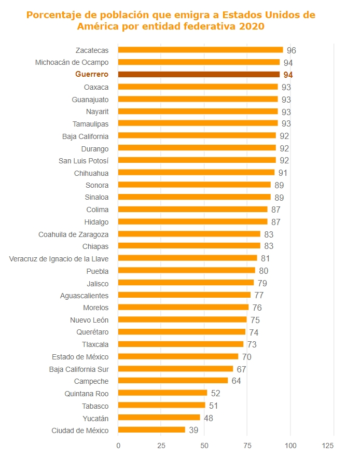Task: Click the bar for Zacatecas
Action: click(x=200, y=50)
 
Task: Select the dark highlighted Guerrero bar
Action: click(x=199, y=75)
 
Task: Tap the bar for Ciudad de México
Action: click(x=151, y=430)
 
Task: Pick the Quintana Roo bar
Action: click(x=162, y=393)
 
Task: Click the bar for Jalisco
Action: click(x=186, y=283)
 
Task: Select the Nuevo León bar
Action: click(x=182, y=319)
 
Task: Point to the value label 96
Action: click(x=291, y=50)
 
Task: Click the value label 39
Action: click(x=193, y=430)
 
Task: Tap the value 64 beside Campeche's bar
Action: click(x=236, y=381)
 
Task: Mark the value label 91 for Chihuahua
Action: click(x=283, y=173)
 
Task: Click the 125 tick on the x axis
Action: click(x=328, y=446)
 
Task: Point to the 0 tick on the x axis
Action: click(x=118, y=446)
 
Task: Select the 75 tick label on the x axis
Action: click(x=247, y=446)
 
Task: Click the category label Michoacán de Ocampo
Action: click(x=72, y=62)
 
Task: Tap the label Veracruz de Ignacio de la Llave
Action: click(x=59, y=258)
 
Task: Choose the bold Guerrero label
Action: click(x=92, y=75)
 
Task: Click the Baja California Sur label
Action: click(x=79, y=369)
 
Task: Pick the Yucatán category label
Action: click(x=95, y=418)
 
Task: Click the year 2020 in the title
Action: click(x=251, y=26)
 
